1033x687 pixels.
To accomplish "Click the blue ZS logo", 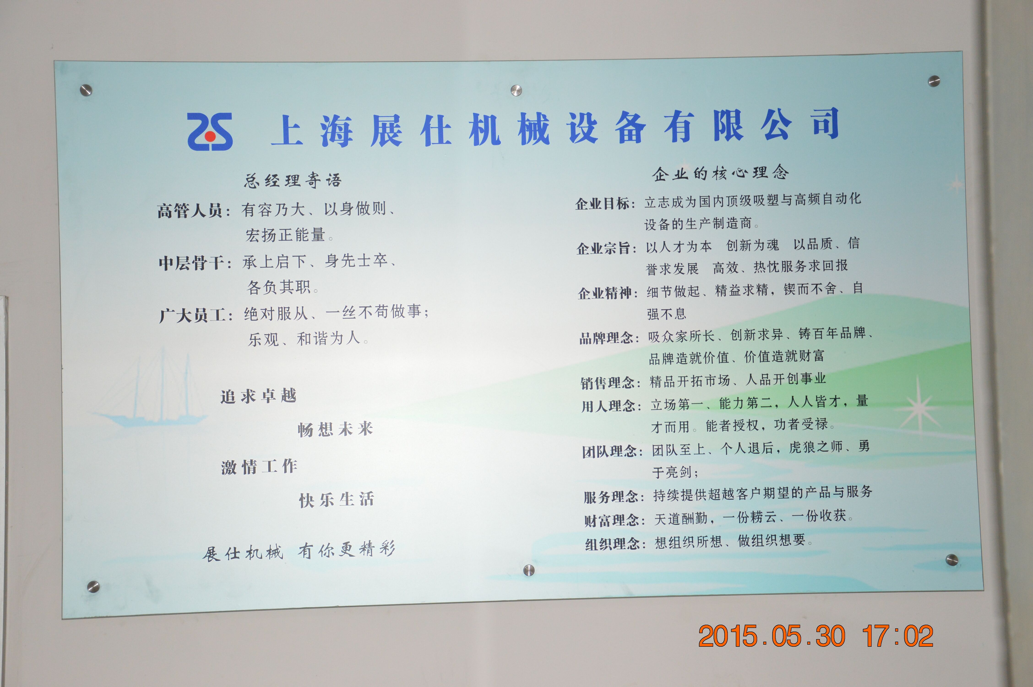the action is coord(210,131).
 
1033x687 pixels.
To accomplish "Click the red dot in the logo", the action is coord(210,137).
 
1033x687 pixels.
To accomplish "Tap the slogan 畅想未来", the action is coord(335,429).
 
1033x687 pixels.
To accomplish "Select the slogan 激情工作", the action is coord(259,467).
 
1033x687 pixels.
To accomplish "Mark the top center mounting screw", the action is coord(516,91).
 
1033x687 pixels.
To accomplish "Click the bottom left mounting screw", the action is coord(93,586).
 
